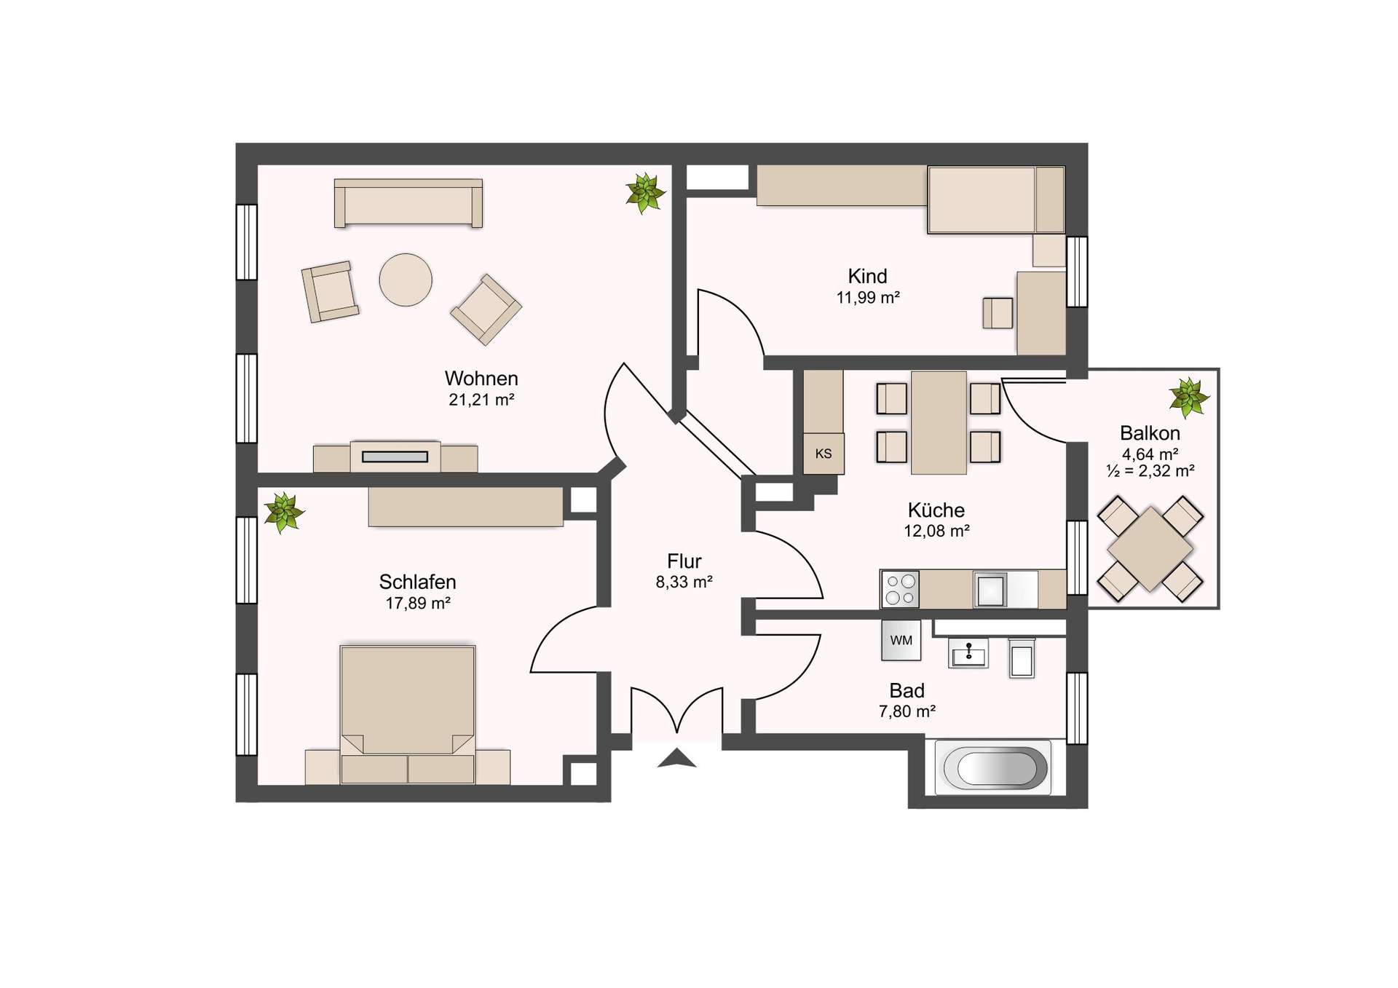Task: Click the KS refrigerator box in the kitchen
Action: (823, 454)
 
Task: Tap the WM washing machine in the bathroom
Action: (901, 641)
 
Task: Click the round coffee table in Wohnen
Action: (406, 280)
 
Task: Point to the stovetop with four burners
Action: (900, 590)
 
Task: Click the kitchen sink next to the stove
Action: (991, 590)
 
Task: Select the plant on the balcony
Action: (1188, 398)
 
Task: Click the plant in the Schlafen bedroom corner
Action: (283, 512)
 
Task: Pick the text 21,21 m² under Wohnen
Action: (481, 400)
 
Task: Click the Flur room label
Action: (684, 561)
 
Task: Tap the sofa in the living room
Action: (408, 203)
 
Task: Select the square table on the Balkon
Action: (1150, 549)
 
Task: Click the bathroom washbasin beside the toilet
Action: (968, 653)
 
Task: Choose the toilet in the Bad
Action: (1022, 659)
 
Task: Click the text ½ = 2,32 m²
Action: (1150, 471)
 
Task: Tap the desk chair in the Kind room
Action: (998, 313)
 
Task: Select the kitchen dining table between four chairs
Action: (939, 422)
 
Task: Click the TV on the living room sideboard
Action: (395, 457)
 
